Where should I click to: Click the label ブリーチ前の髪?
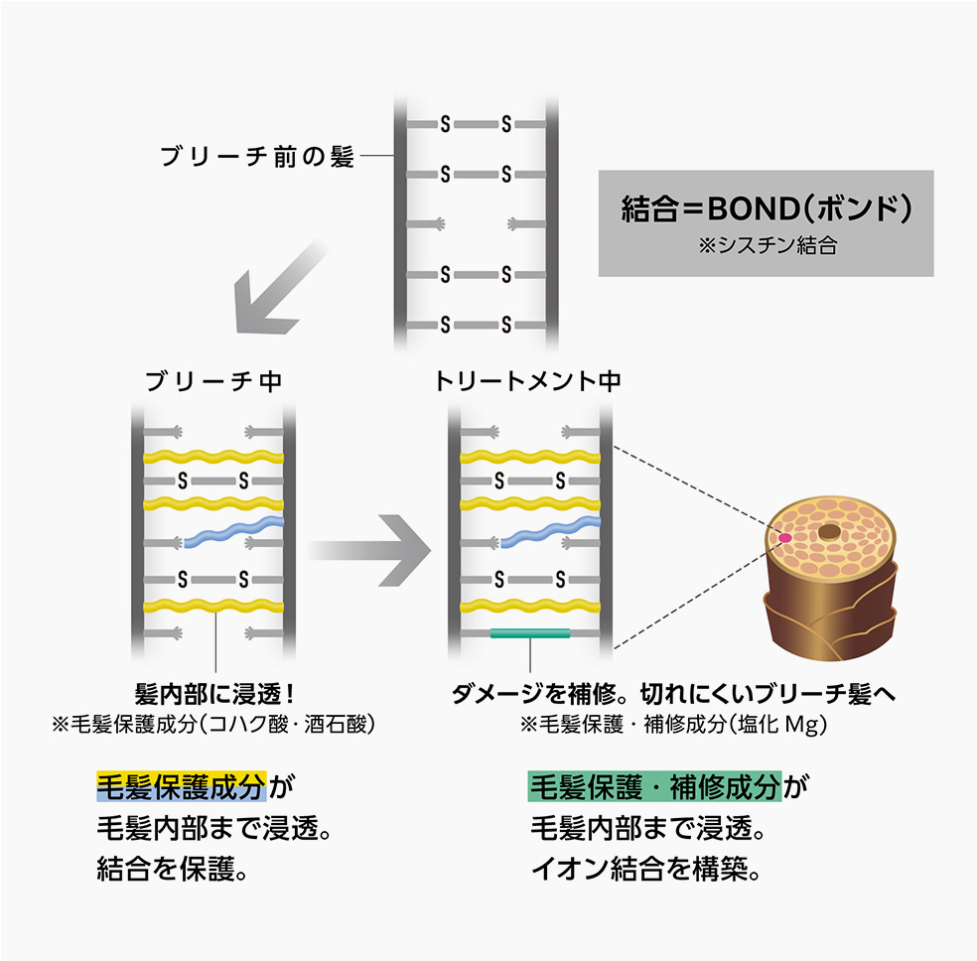tap(257, 157)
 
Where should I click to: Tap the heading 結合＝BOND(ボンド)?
tap(766, 210)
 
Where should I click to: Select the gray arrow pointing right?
tap(368, 549)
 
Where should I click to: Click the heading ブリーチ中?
tap(213, 381)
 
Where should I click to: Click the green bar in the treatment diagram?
tap(529, 633)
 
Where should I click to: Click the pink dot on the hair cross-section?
tap(784, 537)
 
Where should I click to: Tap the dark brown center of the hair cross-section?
tap(829, 533)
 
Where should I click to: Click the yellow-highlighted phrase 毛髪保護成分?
tap(181, 787)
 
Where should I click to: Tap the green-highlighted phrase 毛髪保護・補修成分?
tap(654, 787)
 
